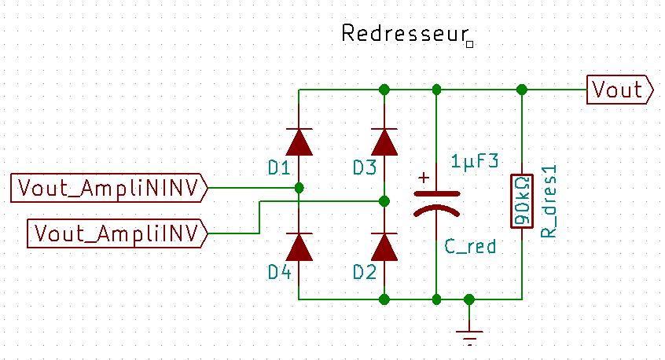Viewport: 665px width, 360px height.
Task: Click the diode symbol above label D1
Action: [299, 141]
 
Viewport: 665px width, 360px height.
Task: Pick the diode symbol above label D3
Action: [384, 141]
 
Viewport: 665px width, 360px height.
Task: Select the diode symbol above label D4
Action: [299, 247]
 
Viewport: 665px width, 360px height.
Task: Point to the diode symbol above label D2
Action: [384, 247]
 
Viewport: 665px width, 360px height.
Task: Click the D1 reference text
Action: [279, 167]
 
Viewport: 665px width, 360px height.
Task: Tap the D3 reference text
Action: [364, 167]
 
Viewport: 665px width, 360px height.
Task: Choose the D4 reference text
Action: [279, 272]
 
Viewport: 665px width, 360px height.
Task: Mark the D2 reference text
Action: [364, 272]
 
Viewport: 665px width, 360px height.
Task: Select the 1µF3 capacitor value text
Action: [475, 162]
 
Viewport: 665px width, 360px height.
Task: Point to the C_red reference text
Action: [470, 246]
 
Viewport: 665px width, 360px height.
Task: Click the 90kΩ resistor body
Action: [520, 200]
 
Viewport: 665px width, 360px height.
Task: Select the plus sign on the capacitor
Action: [424, 178]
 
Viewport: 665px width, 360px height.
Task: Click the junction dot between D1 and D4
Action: [299, 188]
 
